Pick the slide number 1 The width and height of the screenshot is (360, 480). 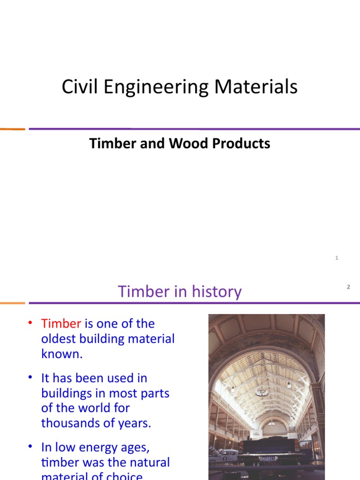[x=337, y=258]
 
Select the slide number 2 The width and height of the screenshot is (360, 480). [x=348, y=287]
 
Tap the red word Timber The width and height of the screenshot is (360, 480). [x=61, y=324]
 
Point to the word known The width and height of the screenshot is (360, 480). [x=62, y=354]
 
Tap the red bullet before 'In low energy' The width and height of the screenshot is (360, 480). [x=30, y=447]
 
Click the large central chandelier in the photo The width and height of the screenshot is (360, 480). [x=262, y=391]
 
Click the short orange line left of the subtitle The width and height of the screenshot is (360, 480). [x=12, y=129]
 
